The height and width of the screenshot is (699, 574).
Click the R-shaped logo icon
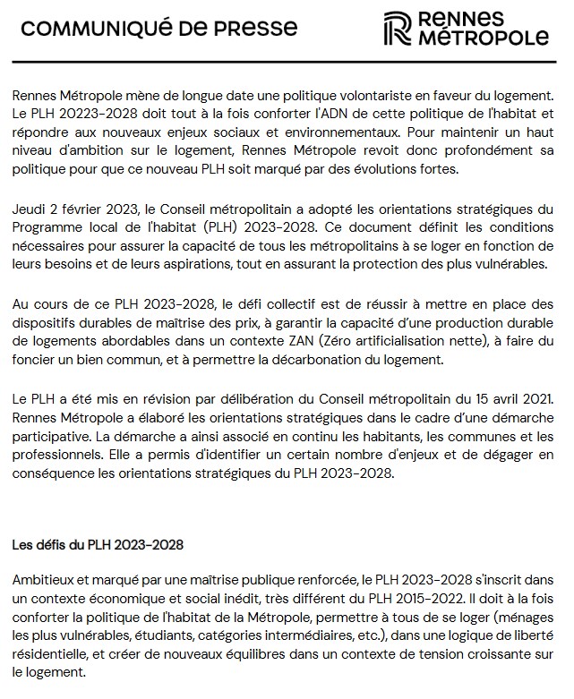(x=393, y=29)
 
